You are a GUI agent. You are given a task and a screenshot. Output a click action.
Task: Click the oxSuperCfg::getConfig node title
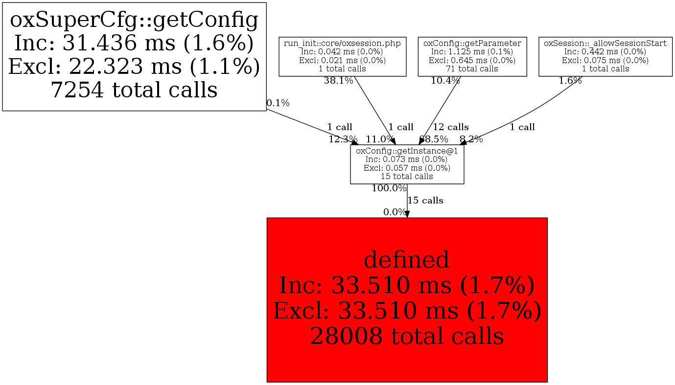click(x=134, y=20)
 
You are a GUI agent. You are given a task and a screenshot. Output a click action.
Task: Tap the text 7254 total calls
click(x=134, y=90)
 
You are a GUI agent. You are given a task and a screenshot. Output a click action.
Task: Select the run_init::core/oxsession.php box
click(x=342, y=56)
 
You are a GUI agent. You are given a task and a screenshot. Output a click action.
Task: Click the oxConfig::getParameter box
click(x=472, y=56)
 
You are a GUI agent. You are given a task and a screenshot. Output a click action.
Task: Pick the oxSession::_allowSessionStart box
click(x=605, y=56)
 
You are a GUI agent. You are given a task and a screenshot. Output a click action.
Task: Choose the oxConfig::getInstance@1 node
click(x=407, y=164)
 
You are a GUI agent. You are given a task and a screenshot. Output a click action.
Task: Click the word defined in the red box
click(x=407, y=260)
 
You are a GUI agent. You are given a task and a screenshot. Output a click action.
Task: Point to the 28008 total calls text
click(x=407, y=336)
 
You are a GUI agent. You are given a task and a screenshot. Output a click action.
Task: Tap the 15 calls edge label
click(x=425, y=201)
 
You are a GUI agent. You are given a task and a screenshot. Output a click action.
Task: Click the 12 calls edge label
click(x=450, y=127)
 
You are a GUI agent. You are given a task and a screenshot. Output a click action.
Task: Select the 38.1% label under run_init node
click(x=338, y=81)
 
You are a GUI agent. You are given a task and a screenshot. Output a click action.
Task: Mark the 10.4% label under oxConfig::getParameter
click(x=445, y=81)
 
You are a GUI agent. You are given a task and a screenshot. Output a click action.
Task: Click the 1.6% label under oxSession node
click(x=570, y=81)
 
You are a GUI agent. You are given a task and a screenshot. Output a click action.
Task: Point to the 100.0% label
click(x=389, y=188)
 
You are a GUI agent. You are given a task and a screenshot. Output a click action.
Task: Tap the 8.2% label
click(x=471, y=139)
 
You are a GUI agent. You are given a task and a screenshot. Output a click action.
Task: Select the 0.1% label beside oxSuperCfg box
click(x=278, y=103)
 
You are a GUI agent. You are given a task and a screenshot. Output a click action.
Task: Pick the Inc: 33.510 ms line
click(x=407, y=285)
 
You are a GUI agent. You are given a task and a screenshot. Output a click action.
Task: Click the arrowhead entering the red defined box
click(x=407, y=214)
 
